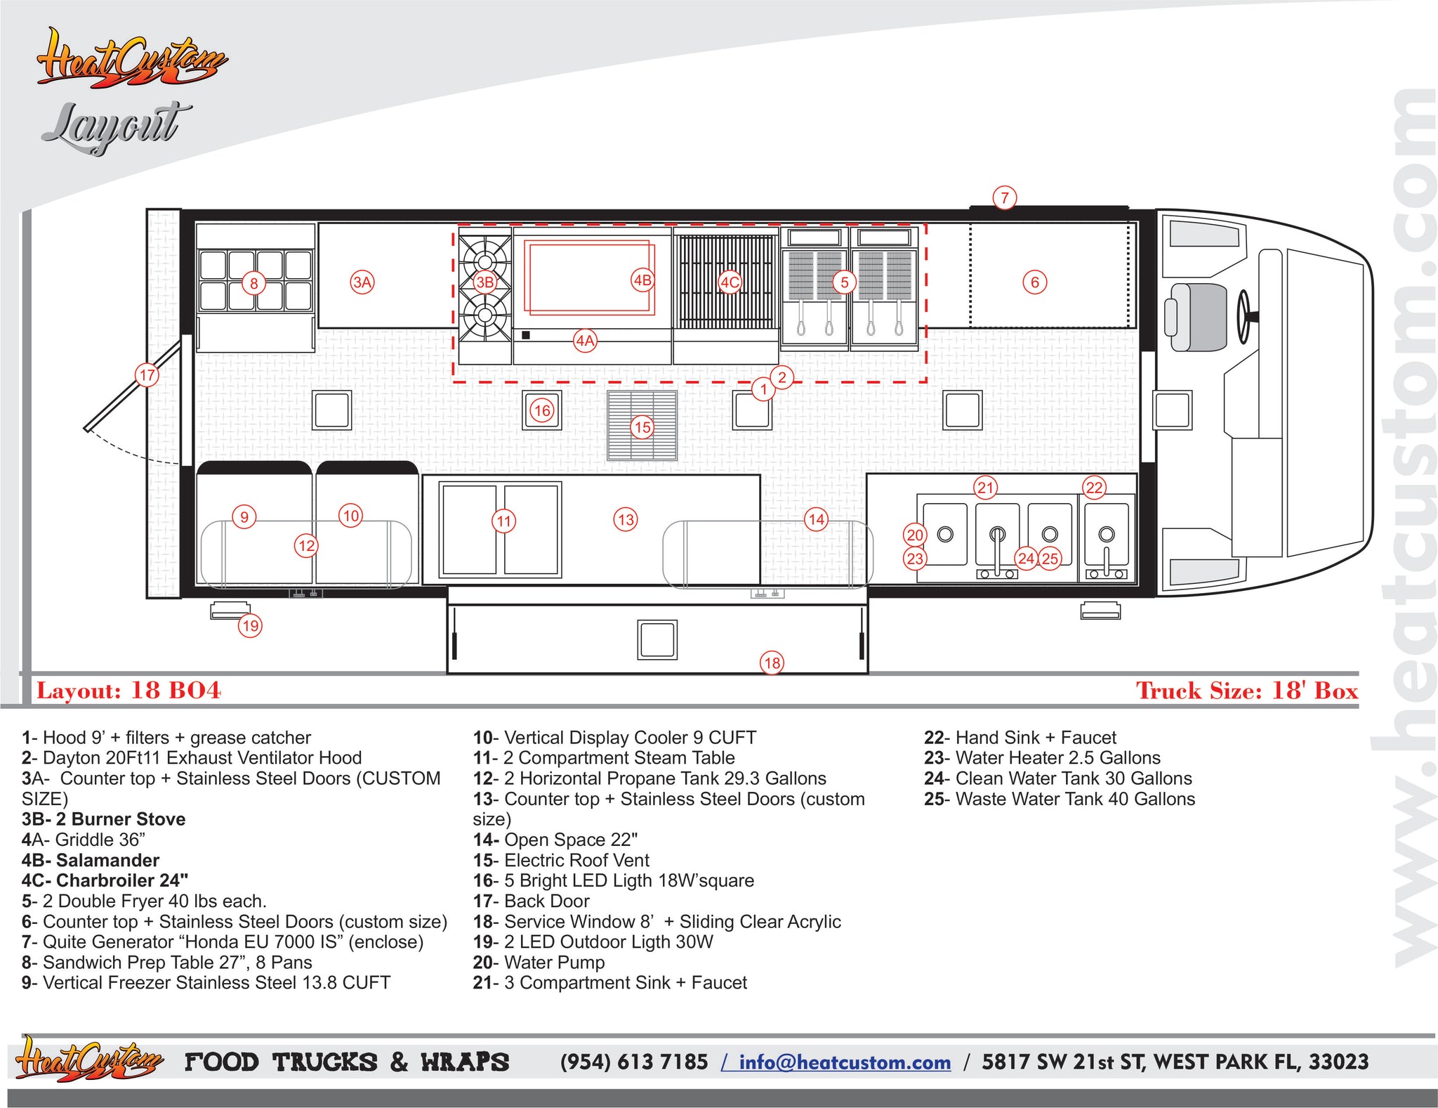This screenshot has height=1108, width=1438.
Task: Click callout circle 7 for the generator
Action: click(x=1005, y=197)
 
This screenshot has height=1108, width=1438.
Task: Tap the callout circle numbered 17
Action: click(x=147, y=374)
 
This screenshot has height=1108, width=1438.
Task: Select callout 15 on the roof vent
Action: click(x=642, y=427)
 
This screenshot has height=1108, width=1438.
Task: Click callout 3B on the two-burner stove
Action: click(x=484, y=282)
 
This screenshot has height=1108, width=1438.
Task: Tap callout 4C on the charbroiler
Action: click(x=730, y=282)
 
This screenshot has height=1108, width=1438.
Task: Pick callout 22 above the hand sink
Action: click(x=1095, y=488)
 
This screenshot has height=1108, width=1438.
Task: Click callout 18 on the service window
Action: click(x=772, y=663)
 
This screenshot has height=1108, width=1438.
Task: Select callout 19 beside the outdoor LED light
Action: click(x=250, y=625)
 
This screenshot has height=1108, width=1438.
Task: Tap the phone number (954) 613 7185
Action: click(x=634, y=1062)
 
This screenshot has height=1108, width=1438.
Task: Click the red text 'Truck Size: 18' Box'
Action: click(x=1247, y=691)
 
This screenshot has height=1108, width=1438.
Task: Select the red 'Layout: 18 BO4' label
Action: click(x=128, y=691)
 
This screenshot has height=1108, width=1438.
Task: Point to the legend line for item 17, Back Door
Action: click(x=531, y=901)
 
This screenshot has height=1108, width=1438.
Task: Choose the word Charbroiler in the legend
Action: click(x=122, y=880)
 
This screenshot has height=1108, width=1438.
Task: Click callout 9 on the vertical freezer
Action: click(x=244, y=518)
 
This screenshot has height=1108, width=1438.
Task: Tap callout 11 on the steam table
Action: click(x=504, y=521)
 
